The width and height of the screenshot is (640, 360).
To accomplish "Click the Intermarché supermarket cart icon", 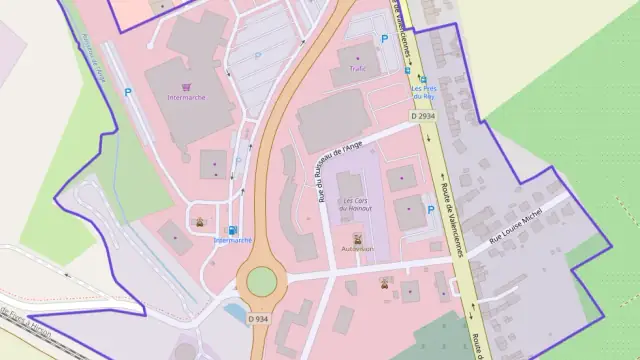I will (185, 87).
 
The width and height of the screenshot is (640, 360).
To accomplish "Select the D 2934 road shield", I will (423, 117).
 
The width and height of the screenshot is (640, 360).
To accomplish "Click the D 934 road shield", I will (256, 319).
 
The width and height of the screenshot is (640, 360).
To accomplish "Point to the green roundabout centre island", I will (261, 281).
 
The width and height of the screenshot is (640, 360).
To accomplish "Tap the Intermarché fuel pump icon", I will (234, 229).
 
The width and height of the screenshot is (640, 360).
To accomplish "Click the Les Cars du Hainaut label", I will (356, 205).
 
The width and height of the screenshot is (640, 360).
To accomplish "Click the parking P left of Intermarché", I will (128, 93).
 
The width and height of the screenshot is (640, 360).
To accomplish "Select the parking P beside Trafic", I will (383, 40).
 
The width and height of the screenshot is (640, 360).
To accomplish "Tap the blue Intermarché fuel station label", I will (233, 241).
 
